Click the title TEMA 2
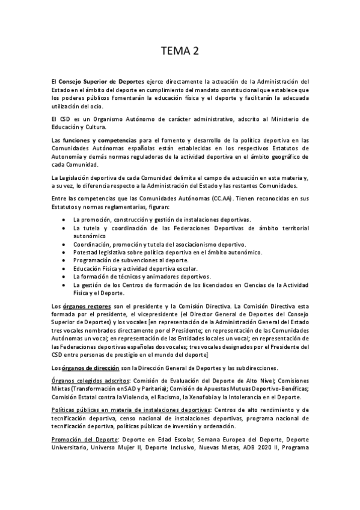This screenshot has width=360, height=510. [x=180, y=51]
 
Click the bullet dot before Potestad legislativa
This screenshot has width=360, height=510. [x=64, y=253]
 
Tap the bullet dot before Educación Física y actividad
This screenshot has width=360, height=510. [x=64, y=269]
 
